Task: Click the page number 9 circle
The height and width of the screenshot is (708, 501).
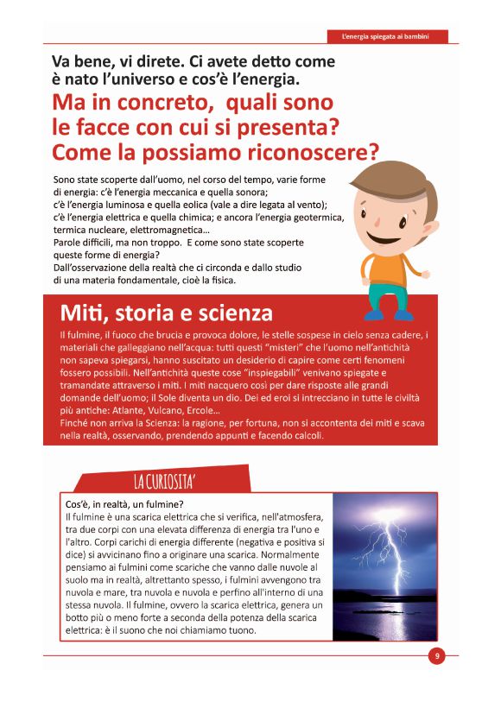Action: pyautogui.click(x=437, y=656)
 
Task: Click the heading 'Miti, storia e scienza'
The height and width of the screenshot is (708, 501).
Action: pyautogui.click(x=166, y=312)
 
